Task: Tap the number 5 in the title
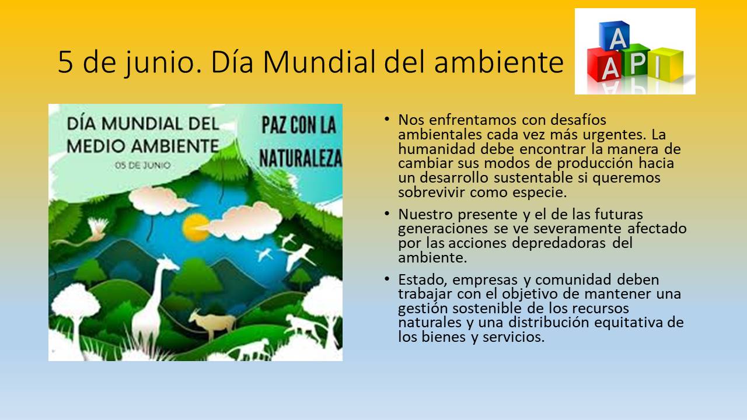(65, 62)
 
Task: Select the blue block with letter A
(615, 36)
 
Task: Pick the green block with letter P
(636, 60)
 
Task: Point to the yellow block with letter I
(665, 64)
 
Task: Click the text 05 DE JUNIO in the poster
(142, 165)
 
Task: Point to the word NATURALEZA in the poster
(301, 157)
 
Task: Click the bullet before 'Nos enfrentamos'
(386, 119)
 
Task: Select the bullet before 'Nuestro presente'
(386, 213)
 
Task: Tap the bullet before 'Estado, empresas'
(386, 279)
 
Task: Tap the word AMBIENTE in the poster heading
(176, 146)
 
